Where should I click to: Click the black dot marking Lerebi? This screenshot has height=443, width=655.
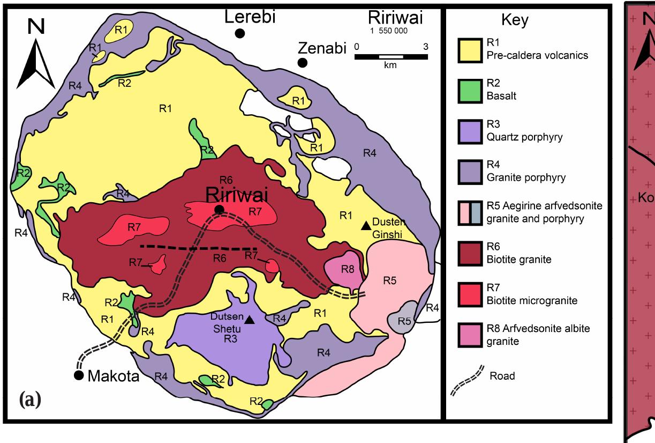[x=240, y=33]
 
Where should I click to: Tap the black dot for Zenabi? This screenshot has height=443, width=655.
[x=303, y=63]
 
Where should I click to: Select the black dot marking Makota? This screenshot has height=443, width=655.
[x=79, y=375]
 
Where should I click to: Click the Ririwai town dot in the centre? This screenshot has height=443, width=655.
[x=219, y=209]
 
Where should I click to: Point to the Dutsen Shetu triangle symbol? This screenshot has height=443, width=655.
[x=249, y=320]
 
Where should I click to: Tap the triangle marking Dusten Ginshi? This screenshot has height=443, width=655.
[x=366, y=225]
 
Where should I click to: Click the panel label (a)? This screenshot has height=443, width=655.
[x=30, y=400]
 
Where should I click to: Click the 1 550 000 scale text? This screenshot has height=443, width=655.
[x=389, y=31]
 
